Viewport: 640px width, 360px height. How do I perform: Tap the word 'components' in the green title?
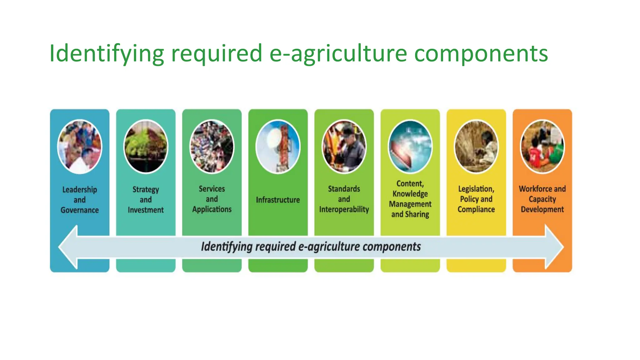(481, 53)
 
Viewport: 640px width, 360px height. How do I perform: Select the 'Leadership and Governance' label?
(80, 200)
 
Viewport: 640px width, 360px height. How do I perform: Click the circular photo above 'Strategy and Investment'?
(146, 146)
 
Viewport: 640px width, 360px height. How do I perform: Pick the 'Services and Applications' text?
(212, 199)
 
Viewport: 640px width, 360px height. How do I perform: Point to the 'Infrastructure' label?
(278, 200)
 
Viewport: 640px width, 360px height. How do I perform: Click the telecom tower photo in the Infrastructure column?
(278, 146)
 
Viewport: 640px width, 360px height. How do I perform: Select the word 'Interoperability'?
(344, 209)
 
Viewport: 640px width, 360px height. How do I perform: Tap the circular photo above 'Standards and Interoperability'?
(344, 146)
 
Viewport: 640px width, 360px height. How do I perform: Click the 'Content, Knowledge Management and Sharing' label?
(410, 199)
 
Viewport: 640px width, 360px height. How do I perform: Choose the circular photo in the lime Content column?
(410, 146)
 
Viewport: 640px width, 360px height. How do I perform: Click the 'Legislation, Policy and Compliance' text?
(476, 199)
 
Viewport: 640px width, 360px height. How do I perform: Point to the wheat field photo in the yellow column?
(476, 146)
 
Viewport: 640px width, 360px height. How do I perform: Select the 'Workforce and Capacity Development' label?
(542, 199)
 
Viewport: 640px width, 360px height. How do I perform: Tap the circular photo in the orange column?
(542, 146)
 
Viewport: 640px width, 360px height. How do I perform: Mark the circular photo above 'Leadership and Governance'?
(80, 146)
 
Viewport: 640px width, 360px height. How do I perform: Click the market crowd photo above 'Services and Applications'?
(212, 146)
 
